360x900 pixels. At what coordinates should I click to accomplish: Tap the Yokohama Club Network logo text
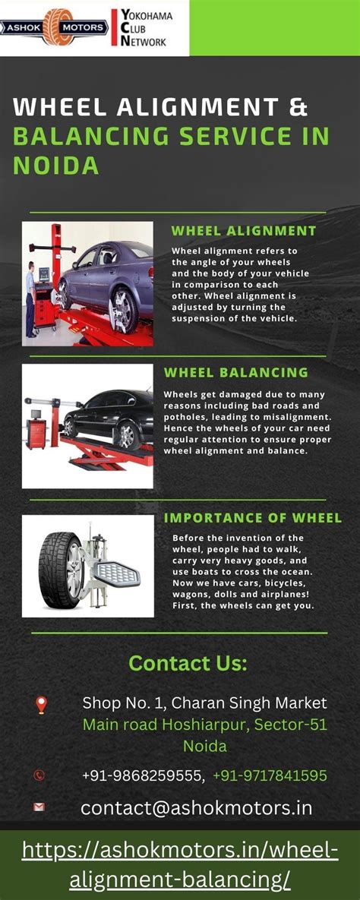click(143, 28)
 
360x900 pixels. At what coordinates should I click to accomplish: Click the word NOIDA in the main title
click(56, 165)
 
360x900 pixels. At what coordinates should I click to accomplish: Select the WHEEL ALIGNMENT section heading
click(243, 231)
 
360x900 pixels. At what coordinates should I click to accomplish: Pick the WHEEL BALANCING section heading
click(236, 372)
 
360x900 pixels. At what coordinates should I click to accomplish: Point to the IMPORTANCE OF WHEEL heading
click(253, 518)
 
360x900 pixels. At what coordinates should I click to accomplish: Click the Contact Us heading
click(188, 663)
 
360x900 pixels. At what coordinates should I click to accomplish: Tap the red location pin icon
click(41, 705)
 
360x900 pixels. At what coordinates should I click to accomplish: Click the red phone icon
click(39, 775)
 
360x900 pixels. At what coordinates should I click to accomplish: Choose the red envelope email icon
click(39, 807)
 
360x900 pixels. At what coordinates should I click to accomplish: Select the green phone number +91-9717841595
click(270, 775)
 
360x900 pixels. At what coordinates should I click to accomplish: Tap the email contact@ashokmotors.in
click(196, 808)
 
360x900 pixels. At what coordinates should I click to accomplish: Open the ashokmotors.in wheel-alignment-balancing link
click(180, 864)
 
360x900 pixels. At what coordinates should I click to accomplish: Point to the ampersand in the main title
click(298, 106)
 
